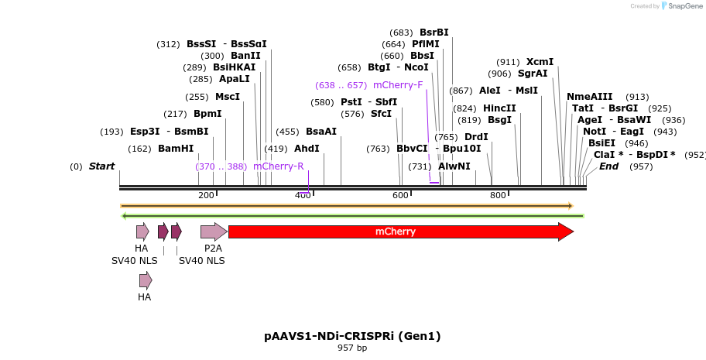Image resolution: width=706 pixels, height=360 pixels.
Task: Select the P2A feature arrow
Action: tap(213, 231)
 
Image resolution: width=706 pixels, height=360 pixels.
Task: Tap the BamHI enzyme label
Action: tap(176, 149)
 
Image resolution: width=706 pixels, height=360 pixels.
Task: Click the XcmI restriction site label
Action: tap(540, 62)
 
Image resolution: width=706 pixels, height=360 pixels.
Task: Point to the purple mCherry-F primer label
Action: tap(398, 85)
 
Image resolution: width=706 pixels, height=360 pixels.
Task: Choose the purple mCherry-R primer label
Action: tap(278, 166)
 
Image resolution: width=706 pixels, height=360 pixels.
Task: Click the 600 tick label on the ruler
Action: tap(400, 195)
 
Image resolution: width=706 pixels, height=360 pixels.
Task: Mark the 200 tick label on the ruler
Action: tap(206, 195)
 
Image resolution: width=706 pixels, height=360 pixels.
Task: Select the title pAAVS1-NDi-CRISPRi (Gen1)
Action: tap(352, 336)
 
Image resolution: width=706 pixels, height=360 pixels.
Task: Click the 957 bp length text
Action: tap(352, 348)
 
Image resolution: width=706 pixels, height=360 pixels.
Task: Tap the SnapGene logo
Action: tap(681, 6)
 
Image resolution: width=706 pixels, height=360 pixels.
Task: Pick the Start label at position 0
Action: tap(101, 166)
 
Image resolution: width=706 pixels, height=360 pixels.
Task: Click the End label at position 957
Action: tap(609, 166)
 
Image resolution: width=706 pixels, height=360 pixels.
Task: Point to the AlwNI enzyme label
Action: tap(454, 166)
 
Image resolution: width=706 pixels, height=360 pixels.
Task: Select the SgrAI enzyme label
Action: tap(533, 74)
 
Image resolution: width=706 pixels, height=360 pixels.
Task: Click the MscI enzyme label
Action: tap(228, 97)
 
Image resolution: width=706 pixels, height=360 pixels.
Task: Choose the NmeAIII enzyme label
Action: tap(590, 97)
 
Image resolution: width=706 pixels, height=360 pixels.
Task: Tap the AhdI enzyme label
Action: tap(307, 149)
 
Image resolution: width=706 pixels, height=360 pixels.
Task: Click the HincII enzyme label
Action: tap(499, 108)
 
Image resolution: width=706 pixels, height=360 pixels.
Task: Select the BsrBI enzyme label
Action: tap(434, 33)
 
